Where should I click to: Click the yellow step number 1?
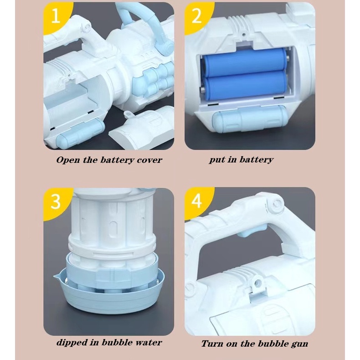(x=56, y=16)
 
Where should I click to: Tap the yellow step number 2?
(x=197, y=16)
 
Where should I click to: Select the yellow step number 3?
(x=56, y=201)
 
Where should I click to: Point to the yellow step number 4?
(x=197, y=201)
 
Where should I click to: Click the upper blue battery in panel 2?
(x=244, y=62)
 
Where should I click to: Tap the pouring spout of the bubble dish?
(x=57, y=275)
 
